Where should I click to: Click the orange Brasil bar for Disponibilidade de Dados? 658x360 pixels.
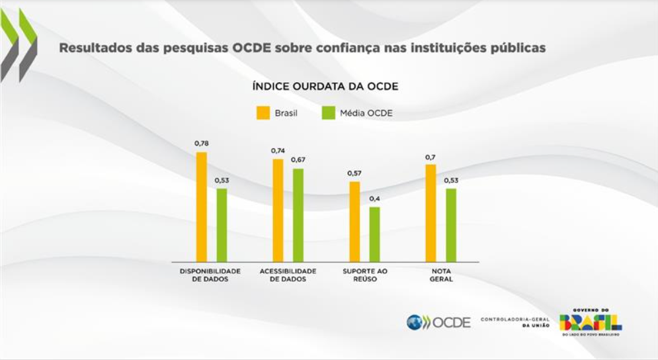point(202,206)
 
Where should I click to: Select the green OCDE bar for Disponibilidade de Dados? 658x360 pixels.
point(222,225)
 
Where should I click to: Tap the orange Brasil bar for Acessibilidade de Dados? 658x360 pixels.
point(278,210)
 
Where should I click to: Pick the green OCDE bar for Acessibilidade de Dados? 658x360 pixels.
point(298,215)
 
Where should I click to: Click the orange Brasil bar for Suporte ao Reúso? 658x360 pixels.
point(354,221)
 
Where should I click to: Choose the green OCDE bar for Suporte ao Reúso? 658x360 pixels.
point(374,234)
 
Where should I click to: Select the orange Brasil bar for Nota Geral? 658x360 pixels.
point(431,212)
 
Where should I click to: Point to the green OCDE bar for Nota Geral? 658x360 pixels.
point(451,225)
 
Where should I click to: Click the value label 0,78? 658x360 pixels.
point(201,143)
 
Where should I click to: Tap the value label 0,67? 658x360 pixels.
point(298,159)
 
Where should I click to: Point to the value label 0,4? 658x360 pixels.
point(374,198)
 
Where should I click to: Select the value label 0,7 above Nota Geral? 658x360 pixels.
point(431,157)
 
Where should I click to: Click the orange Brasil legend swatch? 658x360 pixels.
point(263,113)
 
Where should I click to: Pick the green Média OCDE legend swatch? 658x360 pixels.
point(327,113)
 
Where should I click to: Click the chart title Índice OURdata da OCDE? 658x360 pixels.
point(325,87)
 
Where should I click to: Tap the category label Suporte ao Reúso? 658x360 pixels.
point(365,275)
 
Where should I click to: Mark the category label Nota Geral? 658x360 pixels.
point(441,275)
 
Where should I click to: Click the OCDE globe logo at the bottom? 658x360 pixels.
point(414,322)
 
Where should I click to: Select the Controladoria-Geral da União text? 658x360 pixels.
point(514,322)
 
